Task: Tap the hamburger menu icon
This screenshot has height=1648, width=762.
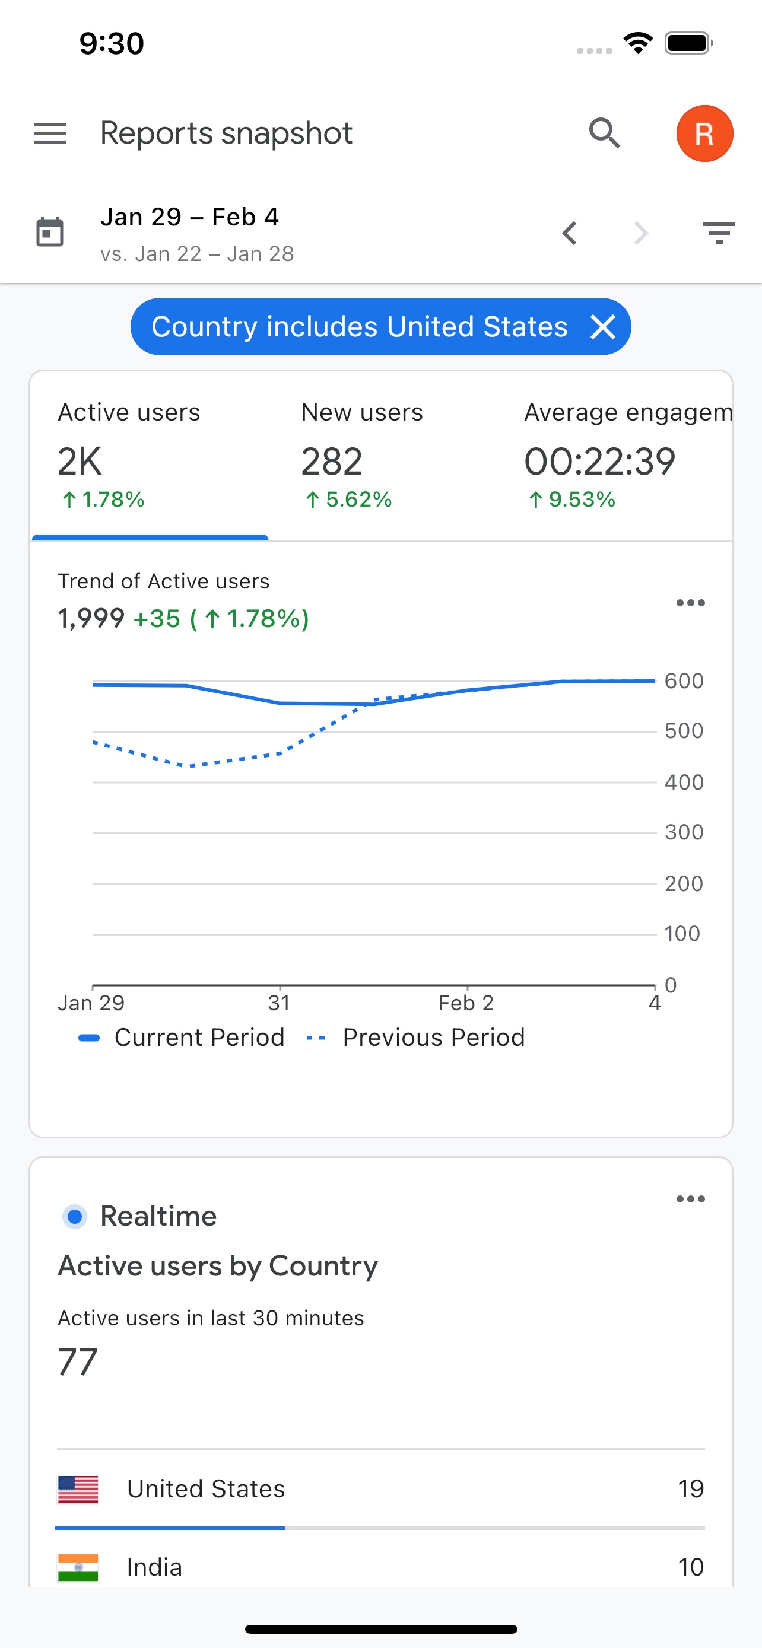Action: click(x=50, y=133)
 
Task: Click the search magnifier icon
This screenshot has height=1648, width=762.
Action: click(x=605, y=133)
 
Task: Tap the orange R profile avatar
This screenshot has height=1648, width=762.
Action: click(x=704, y=133)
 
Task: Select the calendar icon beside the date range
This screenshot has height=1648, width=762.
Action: click(x=50, y=232)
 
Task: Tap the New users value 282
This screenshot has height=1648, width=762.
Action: click(x=331, y=462)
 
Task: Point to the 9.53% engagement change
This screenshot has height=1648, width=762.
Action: click(x=572, y=500)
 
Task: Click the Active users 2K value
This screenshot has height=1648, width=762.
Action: click(x=80, y=462)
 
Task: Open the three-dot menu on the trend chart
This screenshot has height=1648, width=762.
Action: click(x=690, y=603)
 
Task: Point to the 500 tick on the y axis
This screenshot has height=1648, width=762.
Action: click(x=683, y=731)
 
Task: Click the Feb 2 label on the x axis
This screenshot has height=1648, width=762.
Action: click(x=466, y=1003)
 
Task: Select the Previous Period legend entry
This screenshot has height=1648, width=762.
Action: click(x=433, y=1037)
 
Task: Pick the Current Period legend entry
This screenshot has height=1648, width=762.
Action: click(x=198, y=1037)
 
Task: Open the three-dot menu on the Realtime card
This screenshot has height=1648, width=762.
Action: click(x=690, y=1199)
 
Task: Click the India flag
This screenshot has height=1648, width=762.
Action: click(x=78, y=1567)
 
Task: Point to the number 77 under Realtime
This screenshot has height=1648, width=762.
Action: click(x=77, y=1361)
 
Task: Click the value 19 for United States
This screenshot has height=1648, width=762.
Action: click(x=690, y=1488)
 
